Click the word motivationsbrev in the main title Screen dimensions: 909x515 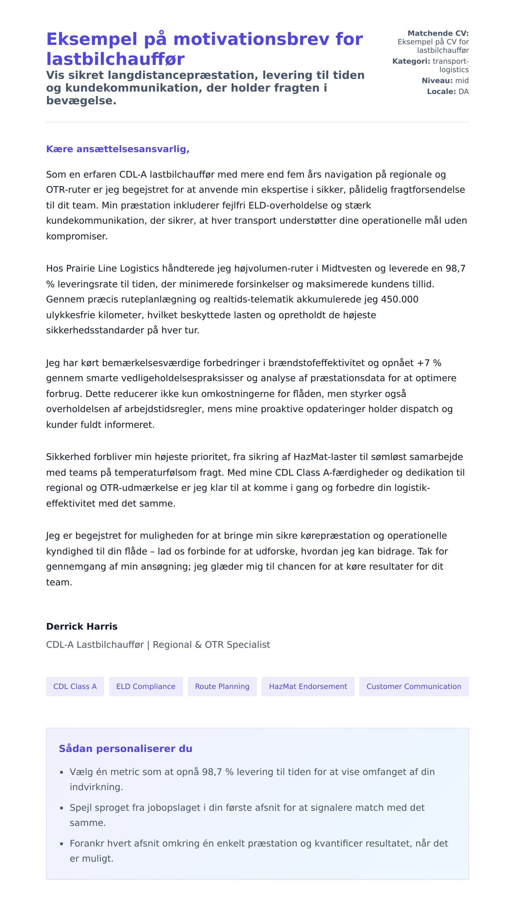[251, 39]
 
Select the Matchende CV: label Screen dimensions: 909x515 [438, 33]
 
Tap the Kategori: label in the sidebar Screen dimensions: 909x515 [411, 61]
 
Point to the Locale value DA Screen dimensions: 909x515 [463, 91]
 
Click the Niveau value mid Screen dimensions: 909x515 [462, 81]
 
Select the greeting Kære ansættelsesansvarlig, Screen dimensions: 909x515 [118, 149]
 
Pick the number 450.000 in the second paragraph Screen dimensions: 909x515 [400, 300]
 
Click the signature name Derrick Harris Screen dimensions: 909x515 [82, 626]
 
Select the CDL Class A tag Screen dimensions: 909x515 [75, 686]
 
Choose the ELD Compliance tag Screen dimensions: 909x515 [145, 686]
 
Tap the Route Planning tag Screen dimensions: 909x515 [222, 686]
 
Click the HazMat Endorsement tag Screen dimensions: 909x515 [308, 686]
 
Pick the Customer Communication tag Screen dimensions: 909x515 [414, 686]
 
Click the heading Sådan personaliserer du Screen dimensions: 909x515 [125, 748]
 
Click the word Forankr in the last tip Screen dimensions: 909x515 [87, 843]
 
